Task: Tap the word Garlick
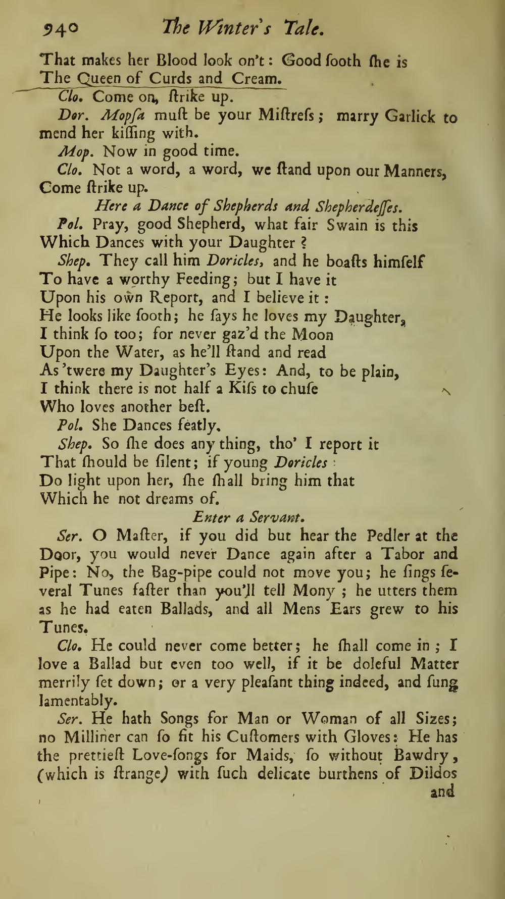pyautogui.click(x=410, y=117)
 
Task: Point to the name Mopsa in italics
pyautogui.click(x=123, y=116)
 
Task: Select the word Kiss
pyautogui.click(x=249, y=389)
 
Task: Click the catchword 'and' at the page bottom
pyautogui.click(x=442, y=791)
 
